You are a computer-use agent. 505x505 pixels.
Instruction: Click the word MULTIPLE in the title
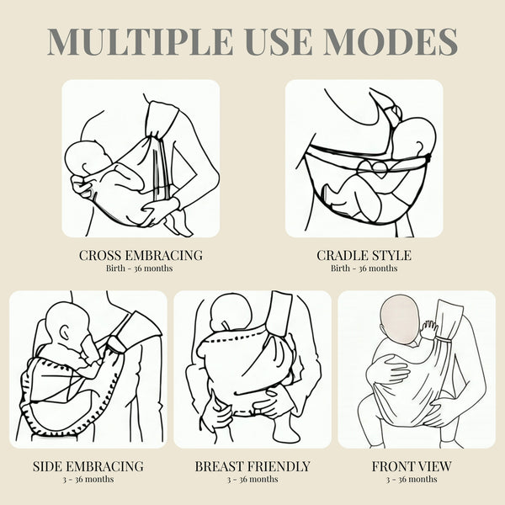[x=140, y=41]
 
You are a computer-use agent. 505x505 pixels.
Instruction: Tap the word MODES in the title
[x=391, y=41]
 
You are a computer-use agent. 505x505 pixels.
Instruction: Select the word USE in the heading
[x=279, y=41]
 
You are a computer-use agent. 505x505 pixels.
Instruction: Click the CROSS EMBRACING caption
[x=141, y=255]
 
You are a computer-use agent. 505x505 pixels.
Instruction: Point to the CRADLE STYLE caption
[x=364, y=255]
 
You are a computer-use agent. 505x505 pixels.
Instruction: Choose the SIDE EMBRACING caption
[x=88, y=466]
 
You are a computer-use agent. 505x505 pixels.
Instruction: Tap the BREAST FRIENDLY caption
[x=252, y=466]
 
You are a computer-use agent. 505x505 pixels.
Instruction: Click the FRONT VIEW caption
[x=412, y=466]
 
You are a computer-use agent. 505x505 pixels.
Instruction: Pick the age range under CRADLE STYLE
[x=364, y=268]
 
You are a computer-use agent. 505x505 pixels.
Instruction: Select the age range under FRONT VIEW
[x=412, y=479]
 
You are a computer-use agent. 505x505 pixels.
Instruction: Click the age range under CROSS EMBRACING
[x=140, y=268]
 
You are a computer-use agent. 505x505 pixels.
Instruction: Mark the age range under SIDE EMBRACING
[x=88, y=479]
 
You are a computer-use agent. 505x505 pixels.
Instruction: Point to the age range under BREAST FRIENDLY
[x=252, y=479]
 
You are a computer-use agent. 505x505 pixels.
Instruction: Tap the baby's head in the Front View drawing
[x=400, y=322]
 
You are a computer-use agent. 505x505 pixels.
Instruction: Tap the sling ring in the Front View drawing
[x=444, y=340]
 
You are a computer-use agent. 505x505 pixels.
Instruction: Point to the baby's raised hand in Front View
[x=429, y=330]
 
